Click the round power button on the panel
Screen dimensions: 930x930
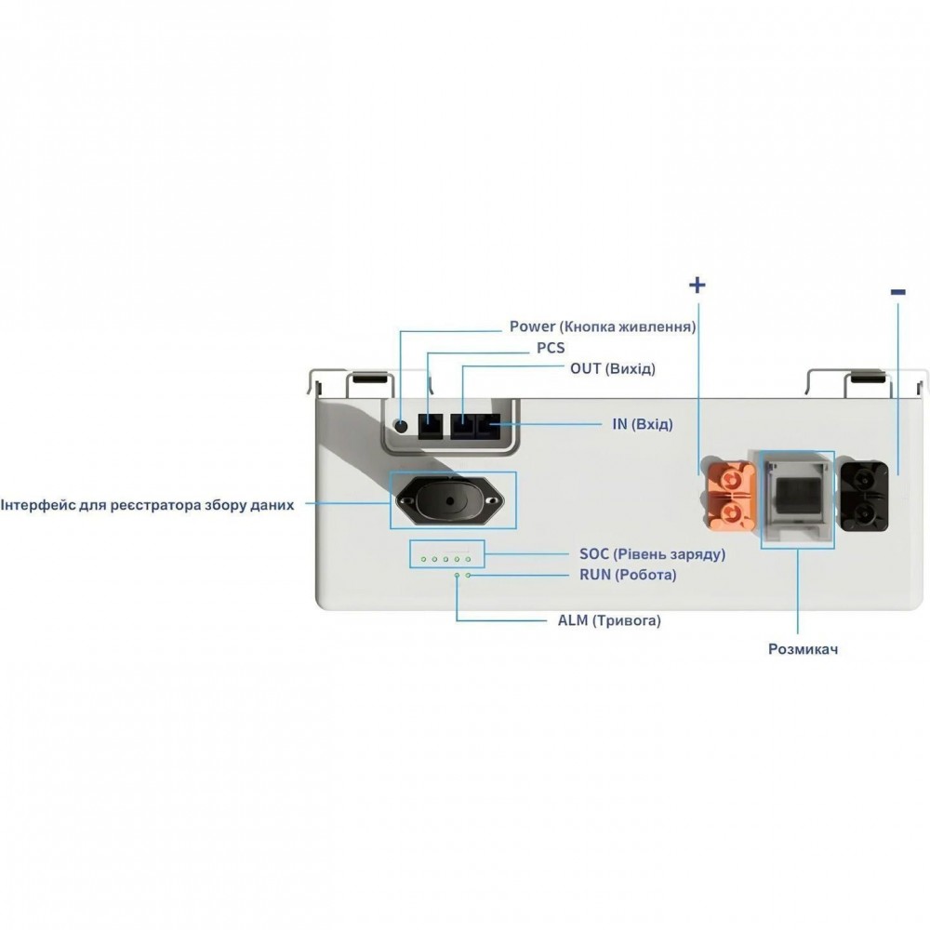click(x=402, y=425)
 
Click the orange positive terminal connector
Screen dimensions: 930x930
click(x=729, y=496)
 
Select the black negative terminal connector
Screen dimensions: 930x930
click(x=864, y=497)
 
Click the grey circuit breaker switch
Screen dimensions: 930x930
click(x=797, y=498)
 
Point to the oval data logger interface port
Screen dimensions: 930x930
click(x=449, y=500)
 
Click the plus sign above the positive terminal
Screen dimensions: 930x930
click(x=697, y=286)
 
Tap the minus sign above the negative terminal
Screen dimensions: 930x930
click(x=898, y=291)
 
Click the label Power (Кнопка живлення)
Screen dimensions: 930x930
click(x=603, y=326)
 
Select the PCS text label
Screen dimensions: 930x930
click(x=551, y=348)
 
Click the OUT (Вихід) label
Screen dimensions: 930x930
click(x=613, y=368)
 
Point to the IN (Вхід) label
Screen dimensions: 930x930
click(x=643, y=424)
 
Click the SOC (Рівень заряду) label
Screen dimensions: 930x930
click(x=653, y=554)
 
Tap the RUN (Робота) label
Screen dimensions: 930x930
click(x=628, y=575)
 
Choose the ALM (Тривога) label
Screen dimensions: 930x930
click(x=609, y=620)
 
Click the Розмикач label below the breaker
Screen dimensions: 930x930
click(x=804, y=649)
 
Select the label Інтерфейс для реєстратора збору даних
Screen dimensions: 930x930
click(x=147, y=505)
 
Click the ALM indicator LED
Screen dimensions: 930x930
click(x=457, y=575)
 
